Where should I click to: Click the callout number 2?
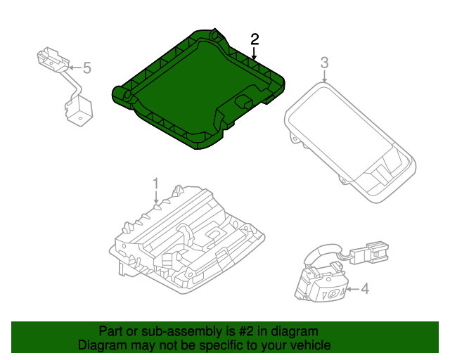pos(255,39)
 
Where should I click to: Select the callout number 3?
pos(324,63)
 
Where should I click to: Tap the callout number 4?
pos(364,288)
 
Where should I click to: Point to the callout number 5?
pos(87,67)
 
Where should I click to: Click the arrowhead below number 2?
pos(255,56)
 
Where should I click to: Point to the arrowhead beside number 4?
pos(349,288)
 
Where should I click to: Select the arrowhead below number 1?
pos(156,203)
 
